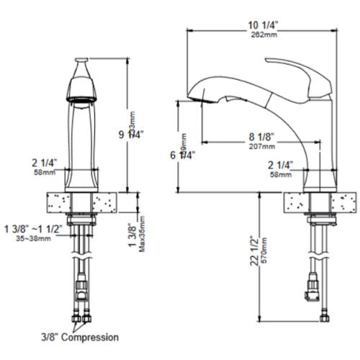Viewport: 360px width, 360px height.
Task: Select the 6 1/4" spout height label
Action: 185,153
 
